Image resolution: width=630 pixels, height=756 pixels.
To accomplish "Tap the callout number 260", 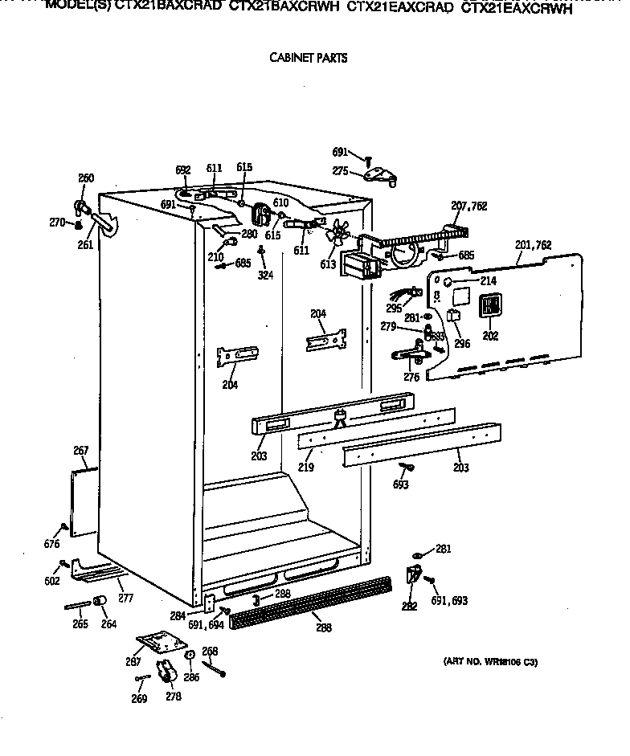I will [x=85, y=178].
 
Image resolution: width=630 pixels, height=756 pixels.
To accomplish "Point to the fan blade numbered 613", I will [x=338, y=234].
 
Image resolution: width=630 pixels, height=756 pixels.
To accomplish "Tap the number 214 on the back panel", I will [x=488, y=281].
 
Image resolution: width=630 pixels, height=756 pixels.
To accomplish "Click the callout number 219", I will [x=305, y=466].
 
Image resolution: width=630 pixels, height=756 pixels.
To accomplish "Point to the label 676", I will [x=52, y=545].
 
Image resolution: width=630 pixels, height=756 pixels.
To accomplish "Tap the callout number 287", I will [x=133, y=662].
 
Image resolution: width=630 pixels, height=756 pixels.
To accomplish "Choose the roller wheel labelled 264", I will [x=101, y=603].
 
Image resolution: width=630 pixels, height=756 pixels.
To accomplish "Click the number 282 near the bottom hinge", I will [x=409, y=607].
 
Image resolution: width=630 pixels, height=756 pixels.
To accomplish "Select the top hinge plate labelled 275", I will [x=378, y=174].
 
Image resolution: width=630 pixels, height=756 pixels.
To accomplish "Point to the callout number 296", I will [x=462, y=345].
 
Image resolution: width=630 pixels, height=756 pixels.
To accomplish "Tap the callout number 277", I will [x=125, y=598].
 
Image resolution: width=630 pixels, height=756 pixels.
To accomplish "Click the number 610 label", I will [x=280, y=202].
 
